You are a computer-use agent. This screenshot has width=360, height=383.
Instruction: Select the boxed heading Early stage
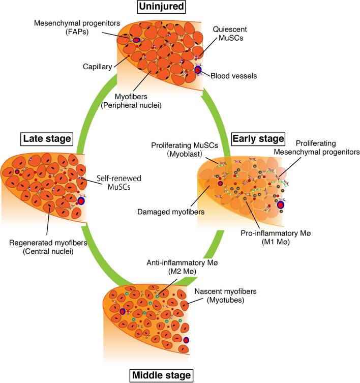pyautogui.click(x=258, y=138)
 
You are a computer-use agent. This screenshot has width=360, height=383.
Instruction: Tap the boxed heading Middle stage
pyautogui.click(x=161, y=375)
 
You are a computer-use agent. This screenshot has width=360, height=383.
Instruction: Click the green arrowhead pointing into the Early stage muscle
pyautogui.click(x=206, y=95)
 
